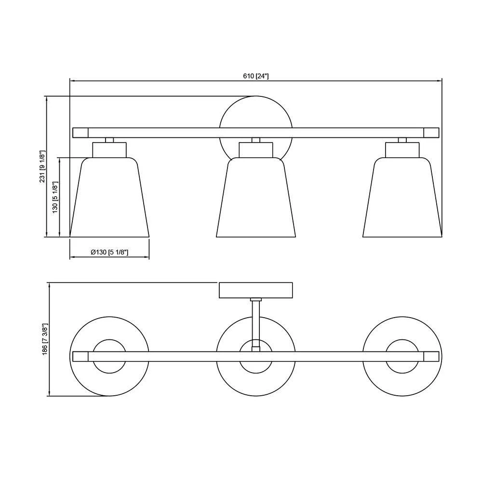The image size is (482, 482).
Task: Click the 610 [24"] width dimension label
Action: coord(256,76)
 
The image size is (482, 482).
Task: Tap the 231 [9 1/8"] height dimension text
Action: coord(42,166)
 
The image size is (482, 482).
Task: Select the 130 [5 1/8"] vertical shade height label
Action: coord(55,197)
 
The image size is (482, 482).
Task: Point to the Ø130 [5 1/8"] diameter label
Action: coord(109,253)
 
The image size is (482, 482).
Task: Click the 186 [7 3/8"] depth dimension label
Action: coord(45,339)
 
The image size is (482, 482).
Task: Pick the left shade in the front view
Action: coord(109,197)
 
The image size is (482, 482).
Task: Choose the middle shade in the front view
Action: coord(256,197)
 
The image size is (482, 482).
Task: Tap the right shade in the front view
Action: coord(402,197)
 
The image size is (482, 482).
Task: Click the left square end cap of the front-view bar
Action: coord(80,133)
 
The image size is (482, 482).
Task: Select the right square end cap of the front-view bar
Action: coord(431,133)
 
